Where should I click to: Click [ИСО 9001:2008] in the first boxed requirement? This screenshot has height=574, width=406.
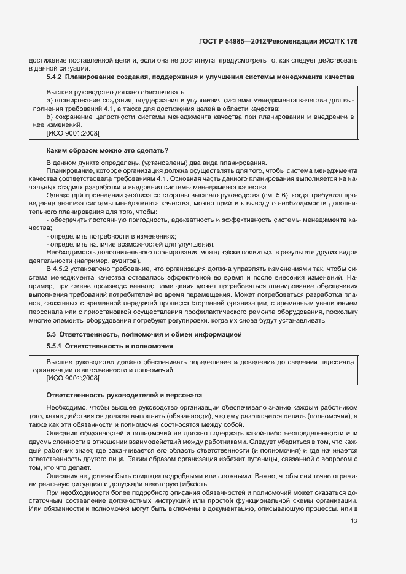72,133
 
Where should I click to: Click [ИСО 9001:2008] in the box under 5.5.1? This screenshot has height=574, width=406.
72,379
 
